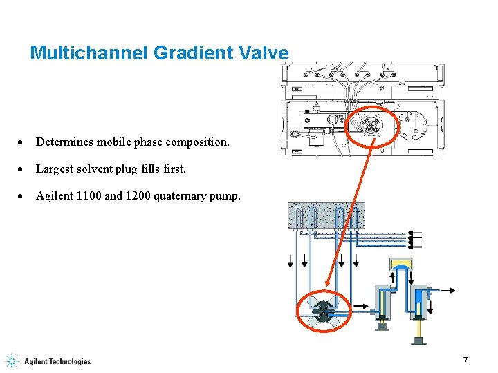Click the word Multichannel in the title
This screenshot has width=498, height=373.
(x=89, y=52)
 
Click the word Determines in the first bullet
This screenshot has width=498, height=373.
(x=64, y=142)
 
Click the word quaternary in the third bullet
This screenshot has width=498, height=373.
(x=179, y=196)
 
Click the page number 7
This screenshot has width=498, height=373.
(x=465, y=361)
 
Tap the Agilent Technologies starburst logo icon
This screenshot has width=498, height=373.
(x=11, y=361)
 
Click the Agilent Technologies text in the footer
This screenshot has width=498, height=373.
(x=57, y=361)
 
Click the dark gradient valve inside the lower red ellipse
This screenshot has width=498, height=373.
(x=324, y=312)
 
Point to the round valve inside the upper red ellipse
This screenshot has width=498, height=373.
(x=371, y=125)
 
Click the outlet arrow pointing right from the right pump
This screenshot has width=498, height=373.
(x=446, y=291)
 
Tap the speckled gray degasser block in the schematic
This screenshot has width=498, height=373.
(x=326, y=216)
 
